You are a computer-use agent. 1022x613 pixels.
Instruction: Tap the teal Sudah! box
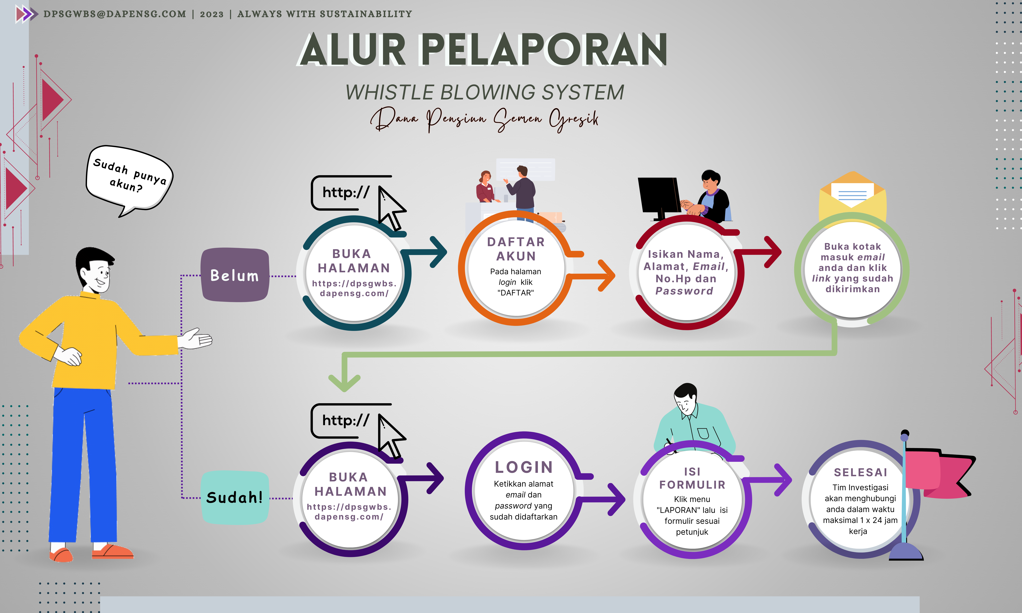(235, 497)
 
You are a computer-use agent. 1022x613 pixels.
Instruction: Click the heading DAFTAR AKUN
(516, 249)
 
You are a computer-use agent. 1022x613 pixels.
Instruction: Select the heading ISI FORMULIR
(692, 478)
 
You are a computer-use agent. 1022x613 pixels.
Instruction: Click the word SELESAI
(861, 472)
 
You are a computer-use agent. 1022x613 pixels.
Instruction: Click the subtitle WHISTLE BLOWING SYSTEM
(485, 92)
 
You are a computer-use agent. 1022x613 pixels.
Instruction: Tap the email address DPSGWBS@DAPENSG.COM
(115, 14)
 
